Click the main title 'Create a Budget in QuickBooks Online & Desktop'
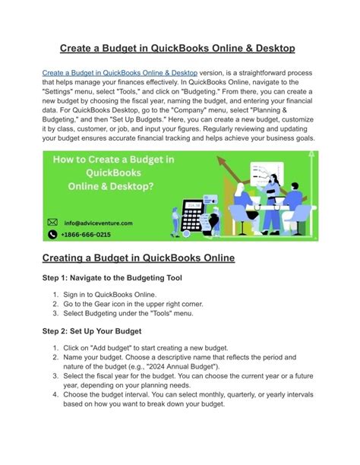click(179, 49)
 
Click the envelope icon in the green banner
click(52, 223)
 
